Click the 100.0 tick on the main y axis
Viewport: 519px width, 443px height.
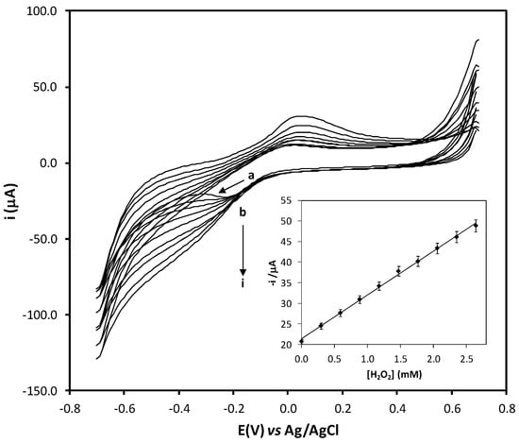[x=44, y=11]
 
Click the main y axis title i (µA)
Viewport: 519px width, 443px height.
[x=13, y=201]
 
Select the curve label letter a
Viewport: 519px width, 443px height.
[x=251, y=176]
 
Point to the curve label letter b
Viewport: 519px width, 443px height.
[x=243, y=212]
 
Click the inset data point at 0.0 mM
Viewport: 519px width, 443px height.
[x=301, y=341]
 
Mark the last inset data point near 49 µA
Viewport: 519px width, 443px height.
[x=476, y=226]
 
